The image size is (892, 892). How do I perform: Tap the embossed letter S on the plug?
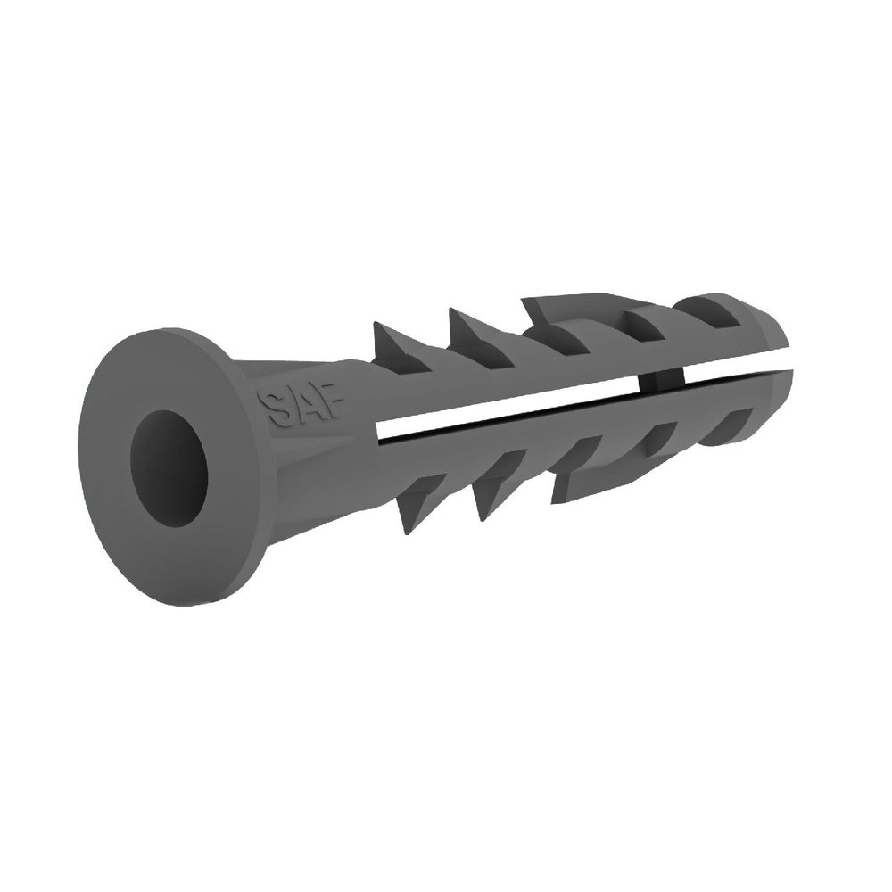[273, 408]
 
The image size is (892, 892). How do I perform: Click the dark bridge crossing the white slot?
[661, 382]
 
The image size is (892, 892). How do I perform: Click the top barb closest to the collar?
[396, 347]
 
